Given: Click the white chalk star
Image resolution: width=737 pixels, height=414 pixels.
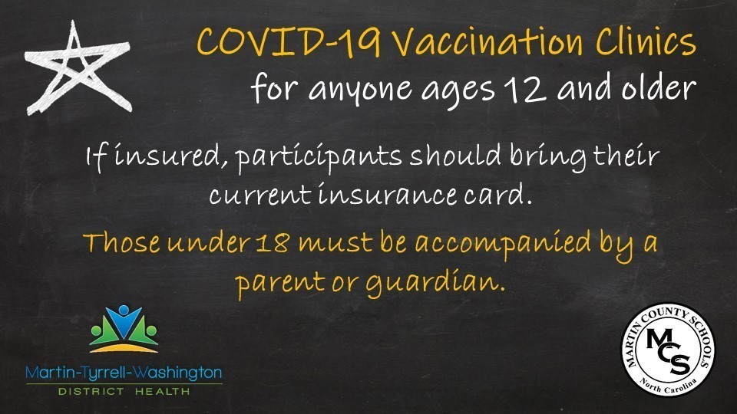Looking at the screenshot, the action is tap(78, 70).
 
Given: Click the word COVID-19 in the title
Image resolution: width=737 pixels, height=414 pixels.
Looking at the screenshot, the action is tap(288, 42).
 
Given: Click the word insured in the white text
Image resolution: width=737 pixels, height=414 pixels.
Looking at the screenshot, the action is tap(168, 156).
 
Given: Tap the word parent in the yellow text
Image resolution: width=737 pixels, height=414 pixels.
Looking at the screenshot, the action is tap(280, 284).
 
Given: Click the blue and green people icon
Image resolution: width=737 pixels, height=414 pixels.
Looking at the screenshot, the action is tap(124, 329).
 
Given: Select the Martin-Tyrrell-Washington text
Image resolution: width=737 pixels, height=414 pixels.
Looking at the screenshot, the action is tap(124, 373).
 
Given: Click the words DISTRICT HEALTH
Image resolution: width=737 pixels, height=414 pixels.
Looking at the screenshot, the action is tap(124, 391).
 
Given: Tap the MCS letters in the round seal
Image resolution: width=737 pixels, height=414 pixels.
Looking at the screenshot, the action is tap(668, 350).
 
